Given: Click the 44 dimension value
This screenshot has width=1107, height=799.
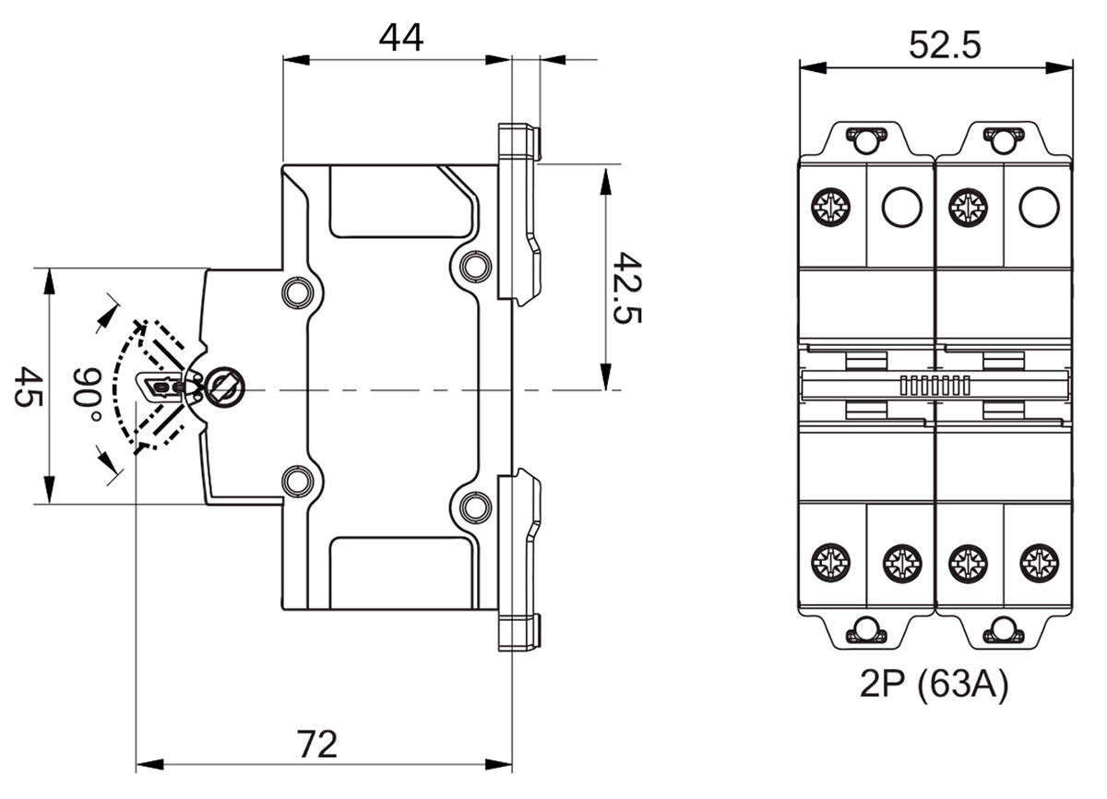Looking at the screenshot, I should (400, 38).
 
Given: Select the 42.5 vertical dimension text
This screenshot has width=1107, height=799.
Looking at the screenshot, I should (626, 288).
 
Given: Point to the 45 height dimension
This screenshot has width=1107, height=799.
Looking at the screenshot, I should (27, 387).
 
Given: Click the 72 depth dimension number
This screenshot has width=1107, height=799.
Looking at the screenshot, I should (317, 744).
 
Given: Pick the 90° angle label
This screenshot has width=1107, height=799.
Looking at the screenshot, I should (89, 391).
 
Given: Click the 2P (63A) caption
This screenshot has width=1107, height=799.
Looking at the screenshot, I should (933, 685).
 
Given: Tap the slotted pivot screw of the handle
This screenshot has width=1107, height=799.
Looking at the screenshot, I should (225, 388).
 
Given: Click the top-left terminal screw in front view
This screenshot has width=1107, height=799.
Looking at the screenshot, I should (831, 208).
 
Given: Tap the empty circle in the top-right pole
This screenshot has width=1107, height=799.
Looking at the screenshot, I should (1039, 208).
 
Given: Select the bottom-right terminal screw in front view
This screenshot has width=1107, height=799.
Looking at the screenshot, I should (1039, 563).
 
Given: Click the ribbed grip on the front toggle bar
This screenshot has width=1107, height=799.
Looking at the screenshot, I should (934, 386).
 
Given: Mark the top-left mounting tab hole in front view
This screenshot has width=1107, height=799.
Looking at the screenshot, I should (866, 140).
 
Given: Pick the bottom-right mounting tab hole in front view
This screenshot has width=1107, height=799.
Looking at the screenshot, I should (1003, 631).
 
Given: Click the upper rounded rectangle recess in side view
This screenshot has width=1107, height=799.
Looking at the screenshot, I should (401, 201).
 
